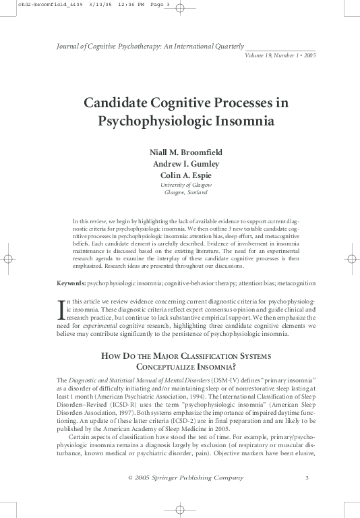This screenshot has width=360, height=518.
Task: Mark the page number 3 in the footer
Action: coord(307,478)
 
